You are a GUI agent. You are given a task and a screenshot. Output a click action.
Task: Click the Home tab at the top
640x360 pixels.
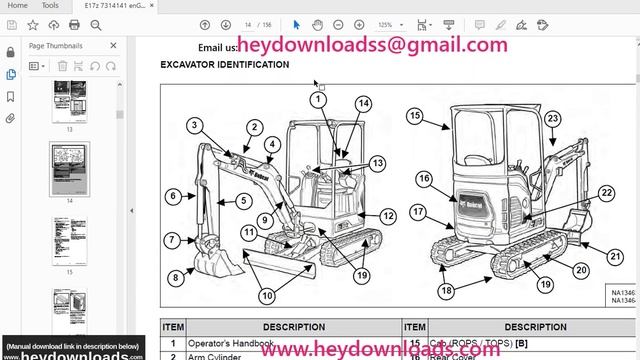pos(18,5)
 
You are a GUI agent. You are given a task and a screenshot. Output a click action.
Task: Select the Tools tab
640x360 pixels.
pos(50,5)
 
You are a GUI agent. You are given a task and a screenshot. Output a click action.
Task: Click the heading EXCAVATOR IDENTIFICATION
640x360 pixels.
pos(225,65)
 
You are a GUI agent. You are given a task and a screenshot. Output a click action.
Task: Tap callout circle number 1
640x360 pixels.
pos(318,99)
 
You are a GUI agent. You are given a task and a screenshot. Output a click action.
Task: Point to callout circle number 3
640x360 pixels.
pos(195,125)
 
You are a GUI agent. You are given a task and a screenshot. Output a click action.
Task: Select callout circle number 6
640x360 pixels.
pos(173,197)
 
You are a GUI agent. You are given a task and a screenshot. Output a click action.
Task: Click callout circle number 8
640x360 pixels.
pos(176,277)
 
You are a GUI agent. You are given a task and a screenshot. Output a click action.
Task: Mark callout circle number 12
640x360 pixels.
pos(388,216)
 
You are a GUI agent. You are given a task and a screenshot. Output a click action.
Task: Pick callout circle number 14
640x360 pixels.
pos(362,104)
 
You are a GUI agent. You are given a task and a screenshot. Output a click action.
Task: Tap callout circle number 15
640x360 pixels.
pos(415,117)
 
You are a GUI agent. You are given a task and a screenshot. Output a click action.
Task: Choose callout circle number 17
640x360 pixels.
pos(418,212)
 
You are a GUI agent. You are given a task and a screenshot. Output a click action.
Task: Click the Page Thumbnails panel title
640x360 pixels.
pos(57,46)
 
